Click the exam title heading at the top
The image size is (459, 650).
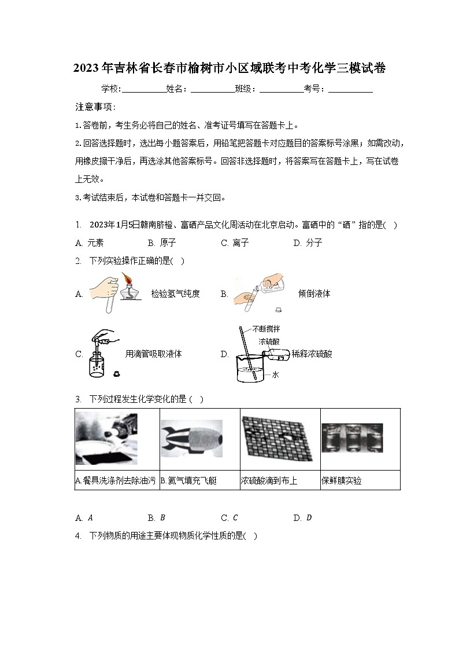click(x=229, y=68)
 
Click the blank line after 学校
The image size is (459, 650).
click(x=143, y=90)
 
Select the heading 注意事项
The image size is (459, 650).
click(x=95, y=107)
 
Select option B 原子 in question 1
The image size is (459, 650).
click(x=162, y=243)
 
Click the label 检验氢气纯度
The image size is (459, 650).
click(x=175, y=294)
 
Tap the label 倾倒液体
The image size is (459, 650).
click(x=314, y=294)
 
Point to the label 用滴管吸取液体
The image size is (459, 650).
click(x=153, y=354)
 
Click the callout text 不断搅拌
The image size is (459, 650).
click(x=266, y=329)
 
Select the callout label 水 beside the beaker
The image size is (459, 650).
click(x=276, y=375)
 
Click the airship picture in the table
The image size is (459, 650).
click(x=191, y=439)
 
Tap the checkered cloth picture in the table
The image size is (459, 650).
click(x=279, y=438)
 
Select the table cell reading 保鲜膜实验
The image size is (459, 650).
click(x=342, y=481)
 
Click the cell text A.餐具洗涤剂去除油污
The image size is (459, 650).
click(x=116, y=481)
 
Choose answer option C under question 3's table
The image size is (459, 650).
click(x=229, y=518)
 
